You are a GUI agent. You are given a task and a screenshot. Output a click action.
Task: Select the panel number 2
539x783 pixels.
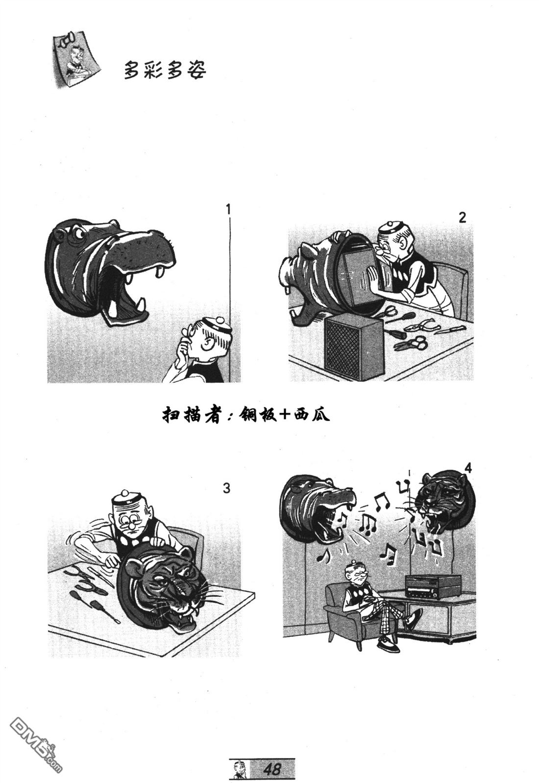(462, 217)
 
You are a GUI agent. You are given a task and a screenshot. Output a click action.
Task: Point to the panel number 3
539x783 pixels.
(227, 488)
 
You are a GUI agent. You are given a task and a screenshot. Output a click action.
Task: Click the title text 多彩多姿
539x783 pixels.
(165, 70)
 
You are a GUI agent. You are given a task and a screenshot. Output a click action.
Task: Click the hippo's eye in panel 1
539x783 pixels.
(77, 232)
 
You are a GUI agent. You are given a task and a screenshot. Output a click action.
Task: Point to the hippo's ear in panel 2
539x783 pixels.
(309, 251)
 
